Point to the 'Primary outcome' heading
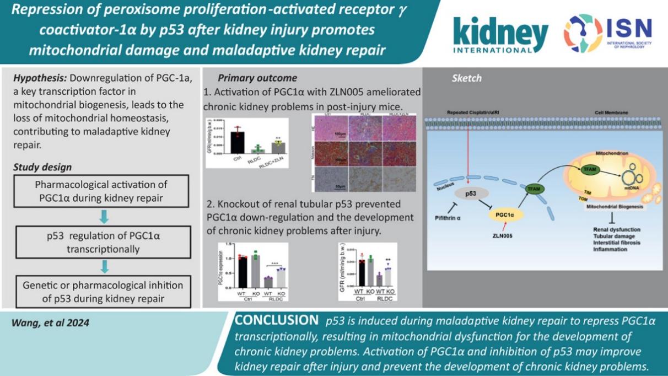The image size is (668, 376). click(x=257, y=78)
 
